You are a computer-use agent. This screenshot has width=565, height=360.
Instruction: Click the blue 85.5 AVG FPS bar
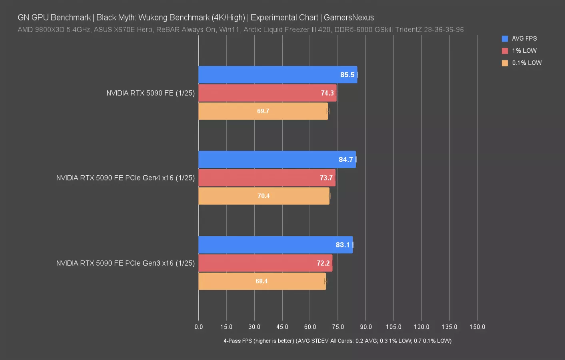[x=278, y=75]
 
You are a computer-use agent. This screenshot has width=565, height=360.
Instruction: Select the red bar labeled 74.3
[x=267, y=93]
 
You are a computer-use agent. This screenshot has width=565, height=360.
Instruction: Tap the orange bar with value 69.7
[x=263, y=111]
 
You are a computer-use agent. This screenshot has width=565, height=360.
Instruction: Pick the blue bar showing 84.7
[x=277, y=160]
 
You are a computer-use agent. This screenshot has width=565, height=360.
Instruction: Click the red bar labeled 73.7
[x=267, y=178]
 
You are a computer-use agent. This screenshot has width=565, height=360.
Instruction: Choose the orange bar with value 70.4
[x=264, y=196]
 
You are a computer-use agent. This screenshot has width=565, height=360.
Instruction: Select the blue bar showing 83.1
[x=276, y=245]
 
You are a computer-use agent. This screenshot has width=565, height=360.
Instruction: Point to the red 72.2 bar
[x=265, y=263]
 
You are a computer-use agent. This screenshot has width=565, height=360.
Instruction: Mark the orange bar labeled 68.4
[x=262, y=281]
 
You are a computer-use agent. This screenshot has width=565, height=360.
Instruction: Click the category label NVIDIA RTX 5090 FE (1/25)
[x=150, y=93]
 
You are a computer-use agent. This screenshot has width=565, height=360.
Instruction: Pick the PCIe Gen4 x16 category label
[x=125, y=178]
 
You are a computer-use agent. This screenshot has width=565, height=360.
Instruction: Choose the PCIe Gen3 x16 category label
[x=125, y=263]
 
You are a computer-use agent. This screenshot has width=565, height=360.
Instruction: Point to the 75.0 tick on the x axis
[x=338, y=327]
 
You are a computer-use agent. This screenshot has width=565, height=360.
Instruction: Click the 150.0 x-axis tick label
[x=477, y=327]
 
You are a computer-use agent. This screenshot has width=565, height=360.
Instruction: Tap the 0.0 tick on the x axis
[x=199, y=327]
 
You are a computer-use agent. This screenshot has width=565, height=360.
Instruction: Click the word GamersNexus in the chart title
[x=349, y=18]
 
